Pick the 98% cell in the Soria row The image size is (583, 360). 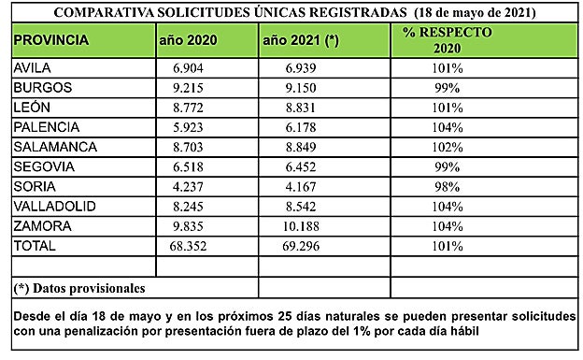tap(447, 188)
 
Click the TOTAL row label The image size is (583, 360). tap(36, 247)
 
